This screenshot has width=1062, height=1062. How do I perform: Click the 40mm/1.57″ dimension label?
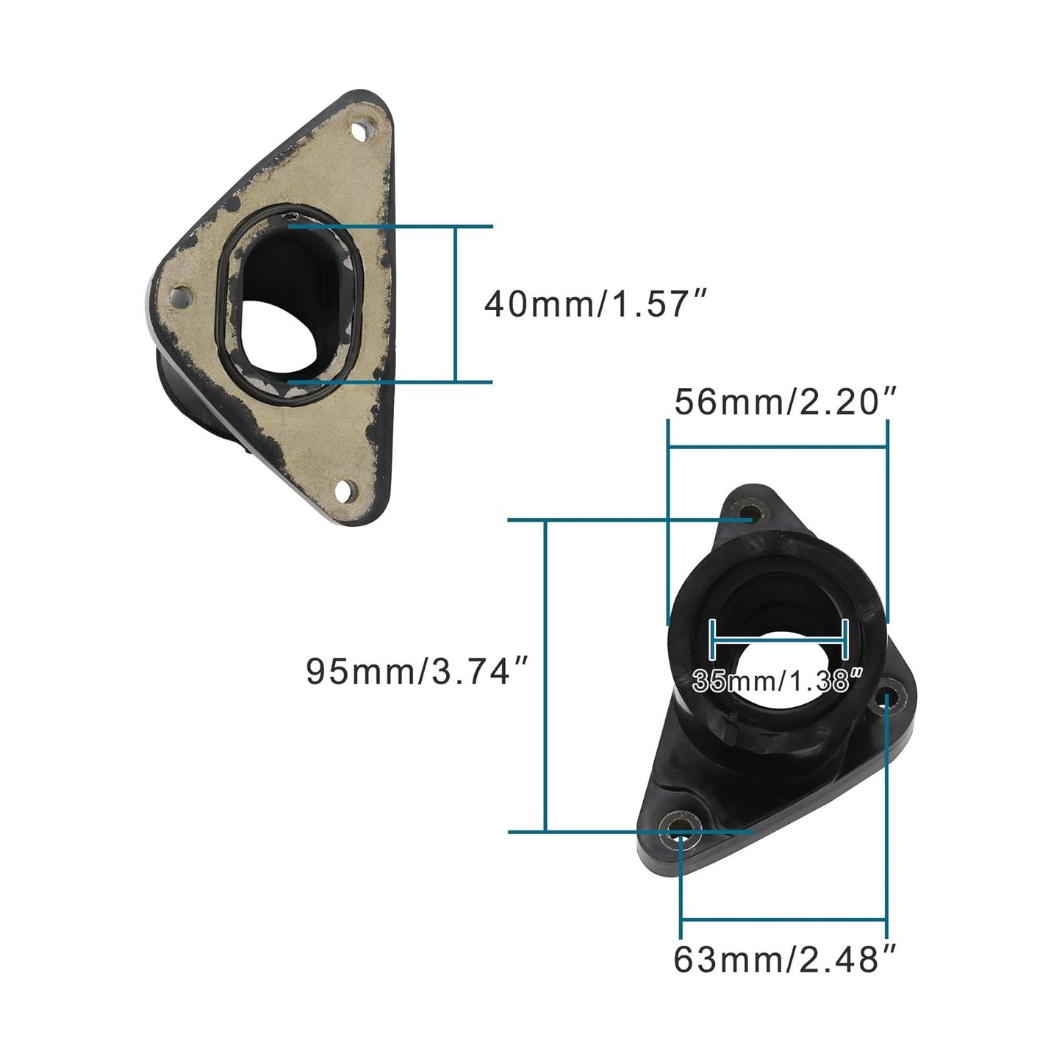pos(595,304)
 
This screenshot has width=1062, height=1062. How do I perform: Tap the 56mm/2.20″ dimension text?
pos(786,402)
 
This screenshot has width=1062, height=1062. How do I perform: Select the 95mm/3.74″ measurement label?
pos(417,671)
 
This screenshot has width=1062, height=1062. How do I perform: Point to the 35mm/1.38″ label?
pos(778,681)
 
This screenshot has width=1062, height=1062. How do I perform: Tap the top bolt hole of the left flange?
pos(359,132)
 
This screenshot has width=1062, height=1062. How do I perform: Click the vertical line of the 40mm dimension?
pos(456,304)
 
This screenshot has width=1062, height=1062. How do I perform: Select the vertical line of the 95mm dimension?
pos(545,676)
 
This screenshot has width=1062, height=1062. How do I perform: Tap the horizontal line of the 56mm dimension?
pos(778,446)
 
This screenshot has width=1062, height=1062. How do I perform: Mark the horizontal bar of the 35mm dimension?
pos(779,639)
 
